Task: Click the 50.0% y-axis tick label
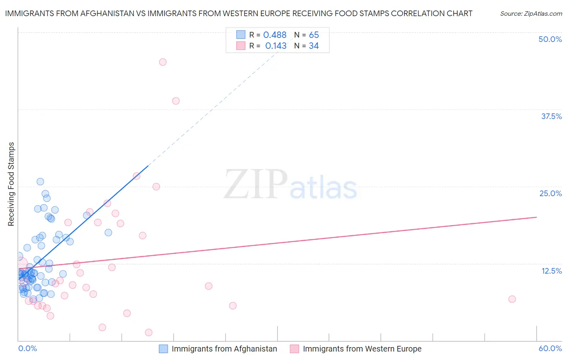point(550,39)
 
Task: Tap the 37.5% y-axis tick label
point(551,116)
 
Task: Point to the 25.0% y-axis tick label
point(550,193)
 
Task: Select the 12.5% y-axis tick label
point(551,271)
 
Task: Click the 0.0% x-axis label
point(27,348)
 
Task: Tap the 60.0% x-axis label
point(550,348)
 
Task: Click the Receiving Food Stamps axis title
point(11,184)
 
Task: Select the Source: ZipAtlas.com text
point(531,14)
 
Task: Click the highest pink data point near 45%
point(163,62)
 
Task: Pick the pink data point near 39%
point(176,101)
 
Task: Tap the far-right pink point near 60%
point(512,299)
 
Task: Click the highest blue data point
point(40,182)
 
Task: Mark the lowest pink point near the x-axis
point(148,333)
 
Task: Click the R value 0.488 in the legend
point(275,35)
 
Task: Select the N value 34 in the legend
point(314,46)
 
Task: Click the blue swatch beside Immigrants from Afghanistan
point(163,349)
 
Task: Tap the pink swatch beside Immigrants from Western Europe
point(294,349)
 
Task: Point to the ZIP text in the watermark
point(255,184)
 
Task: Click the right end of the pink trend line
point(536,217)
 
